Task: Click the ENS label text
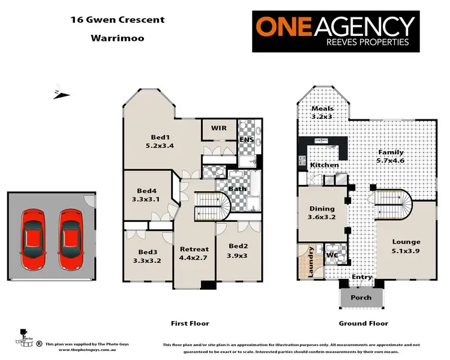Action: pyautogui.click(x=247, y=140)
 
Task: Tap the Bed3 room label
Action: pyautogui.click(x=148, y=256)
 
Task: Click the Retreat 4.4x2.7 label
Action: pyautogui.click(x=194, y=254)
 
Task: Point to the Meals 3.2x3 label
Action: pyautogui.click(x=322, y=112)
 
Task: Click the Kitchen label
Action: pyautogui.click(x=324, y=165)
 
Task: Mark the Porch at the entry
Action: pyautogui.click(x=361, y=298)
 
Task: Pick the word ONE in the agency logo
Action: pyautogui.click(x=284, y=27)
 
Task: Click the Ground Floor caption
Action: pyautogui.click(x=363, y=323)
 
